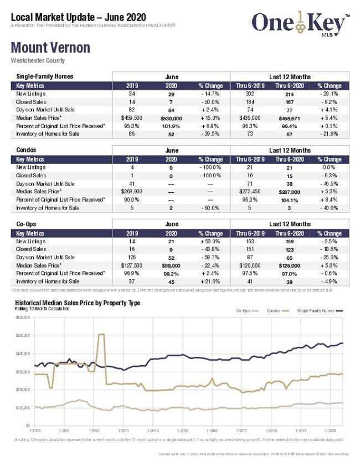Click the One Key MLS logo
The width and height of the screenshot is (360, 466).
(300, 23)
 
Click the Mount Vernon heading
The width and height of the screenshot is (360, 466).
(50, 48)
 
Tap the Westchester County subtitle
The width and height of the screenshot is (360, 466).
(38, 60)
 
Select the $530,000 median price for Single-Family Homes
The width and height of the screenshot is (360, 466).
(171, 119)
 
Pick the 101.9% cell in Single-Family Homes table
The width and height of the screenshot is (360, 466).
(171, 126)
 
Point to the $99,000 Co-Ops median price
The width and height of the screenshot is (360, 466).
(171, 265)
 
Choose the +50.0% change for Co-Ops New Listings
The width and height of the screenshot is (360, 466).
(210, 242)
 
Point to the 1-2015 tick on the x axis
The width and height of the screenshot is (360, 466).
(182, 431)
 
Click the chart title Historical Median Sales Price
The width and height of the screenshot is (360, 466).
(78, 303)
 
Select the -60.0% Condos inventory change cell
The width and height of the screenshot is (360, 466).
(210, 208)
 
